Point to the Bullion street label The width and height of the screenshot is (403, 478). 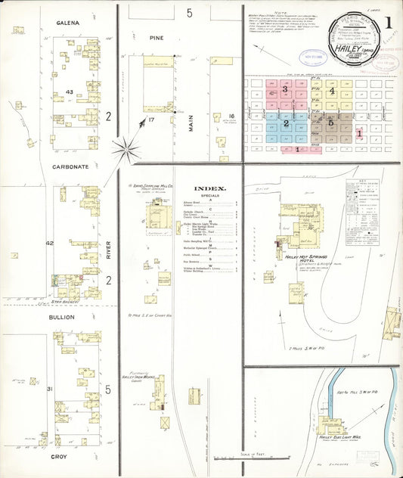[63, 317]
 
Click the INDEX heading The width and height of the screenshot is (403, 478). [209, 188]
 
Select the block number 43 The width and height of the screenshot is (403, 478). [69, 92]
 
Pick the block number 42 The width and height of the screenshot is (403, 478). [51, 244]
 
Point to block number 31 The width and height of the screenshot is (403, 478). [50, 389]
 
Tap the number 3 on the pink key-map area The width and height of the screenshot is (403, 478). [285, 89]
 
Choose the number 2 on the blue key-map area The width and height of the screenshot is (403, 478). [286, 123]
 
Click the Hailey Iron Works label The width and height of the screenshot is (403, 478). [133, 377]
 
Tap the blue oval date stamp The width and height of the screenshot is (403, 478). [311, 56]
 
